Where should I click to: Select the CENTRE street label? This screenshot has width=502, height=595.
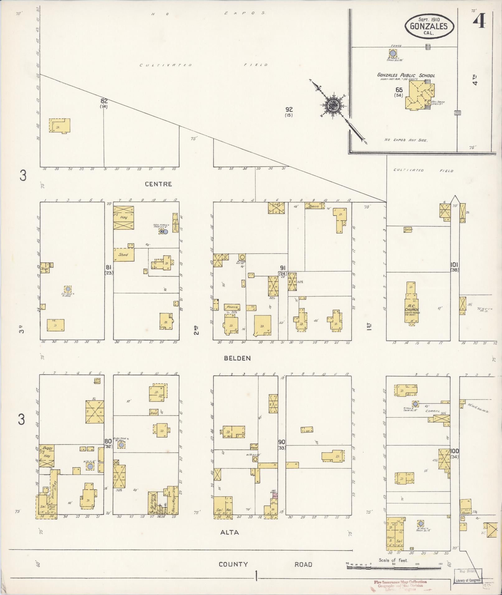tap(158, 184)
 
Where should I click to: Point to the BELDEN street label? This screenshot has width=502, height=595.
tap(237, 358)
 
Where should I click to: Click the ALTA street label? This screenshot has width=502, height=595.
tap(230, 532)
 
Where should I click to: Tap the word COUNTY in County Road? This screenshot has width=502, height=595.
tap(233, 564)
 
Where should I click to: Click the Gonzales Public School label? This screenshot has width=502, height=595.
tap(406, 75)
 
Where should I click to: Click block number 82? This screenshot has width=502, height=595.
tap(104, 101)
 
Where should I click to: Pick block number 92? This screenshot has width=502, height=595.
tap(289, 109)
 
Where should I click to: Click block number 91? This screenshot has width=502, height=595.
tap(283, 268)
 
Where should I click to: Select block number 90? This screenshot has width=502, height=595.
tap(282, 442)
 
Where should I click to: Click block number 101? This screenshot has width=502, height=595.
tap(454, 265)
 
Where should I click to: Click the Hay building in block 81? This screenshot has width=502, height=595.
tap(123, 217)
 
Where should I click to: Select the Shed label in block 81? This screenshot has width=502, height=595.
tap(123, 254)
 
